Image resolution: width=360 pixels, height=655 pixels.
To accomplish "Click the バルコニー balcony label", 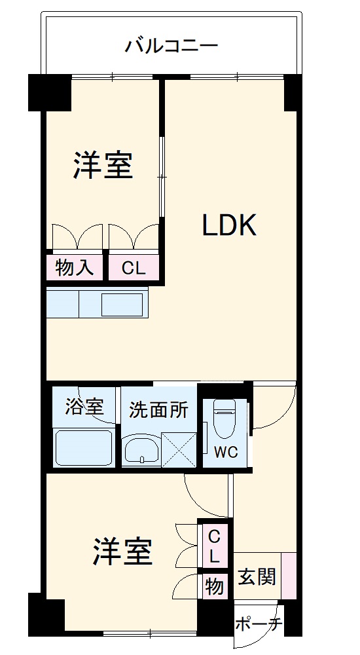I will [x=171, y=46].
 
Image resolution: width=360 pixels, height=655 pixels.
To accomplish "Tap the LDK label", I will [x=228, y=226].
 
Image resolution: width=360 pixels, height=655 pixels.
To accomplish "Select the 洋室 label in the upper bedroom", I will [x=103, y=165].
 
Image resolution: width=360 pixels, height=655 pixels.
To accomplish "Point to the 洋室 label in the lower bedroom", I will [x=122, y=552].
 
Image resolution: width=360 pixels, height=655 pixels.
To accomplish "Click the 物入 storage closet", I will [x=74, y=267].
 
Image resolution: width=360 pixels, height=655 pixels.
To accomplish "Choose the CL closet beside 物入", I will [x=134, y=267].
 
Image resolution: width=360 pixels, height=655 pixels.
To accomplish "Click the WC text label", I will [x=225, y=452].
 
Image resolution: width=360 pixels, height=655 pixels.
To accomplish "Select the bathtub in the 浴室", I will [x=84, y=447].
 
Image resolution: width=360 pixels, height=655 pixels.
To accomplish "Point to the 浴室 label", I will [x=84, y=407].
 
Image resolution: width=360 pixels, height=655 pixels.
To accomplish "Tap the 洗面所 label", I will [x=158, y=410].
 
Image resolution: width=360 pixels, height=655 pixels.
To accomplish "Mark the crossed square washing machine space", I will [x=179, y=449].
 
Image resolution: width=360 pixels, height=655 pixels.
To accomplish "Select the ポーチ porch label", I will [x=258, y=624].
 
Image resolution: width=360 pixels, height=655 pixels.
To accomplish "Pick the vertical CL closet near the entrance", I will [x=214, y=548].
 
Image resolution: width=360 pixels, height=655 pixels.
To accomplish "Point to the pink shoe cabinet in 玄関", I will [x=289, y=576].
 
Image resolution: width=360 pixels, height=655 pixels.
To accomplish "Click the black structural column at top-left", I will [x=49, y=93].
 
